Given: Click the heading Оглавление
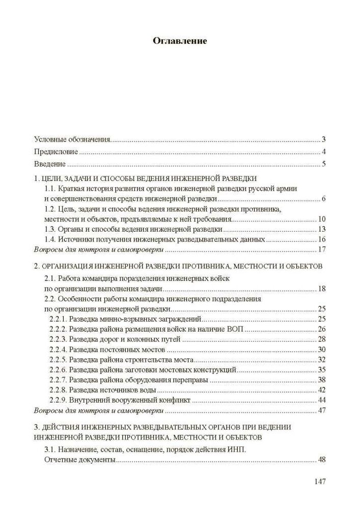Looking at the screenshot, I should pos(180,41).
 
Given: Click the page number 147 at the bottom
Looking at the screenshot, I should pos(319,482).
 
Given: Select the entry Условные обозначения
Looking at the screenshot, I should pos(72,139).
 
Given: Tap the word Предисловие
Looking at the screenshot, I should pos(56,152).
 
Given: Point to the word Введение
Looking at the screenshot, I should pos(49,164).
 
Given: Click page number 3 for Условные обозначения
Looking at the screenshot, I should pos(323,139).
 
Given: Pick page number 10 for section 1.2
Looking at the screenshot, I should pos(321,219).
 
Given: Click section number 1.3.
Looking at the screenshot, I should pos(50,229).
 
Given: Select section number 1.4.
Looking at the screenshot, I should pos(50,239).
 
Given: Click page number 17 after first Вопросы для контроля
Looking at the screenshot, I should pos(321,249).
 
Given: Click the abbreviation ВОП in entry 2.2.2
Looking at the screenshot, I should pos(236,329).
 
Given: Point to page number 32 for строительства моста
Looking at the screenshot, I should pos(321,360).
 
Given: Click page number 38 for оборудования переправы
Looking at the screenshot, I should pos(321,380).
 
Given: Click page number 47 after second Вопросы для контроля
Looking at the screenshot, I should pos(321,411).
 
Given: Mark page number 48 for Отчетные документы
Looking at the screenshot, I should pos(321,460).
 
